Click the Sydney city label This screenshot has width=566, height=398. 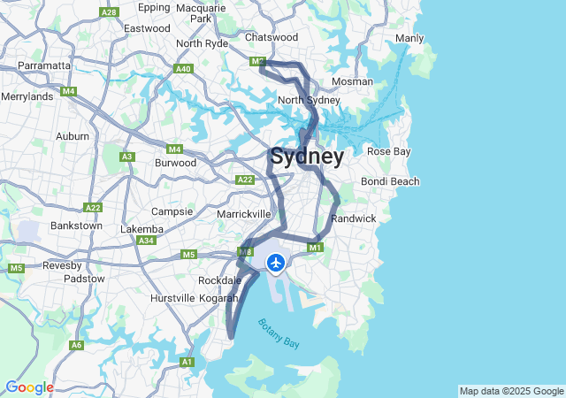coord(307,157)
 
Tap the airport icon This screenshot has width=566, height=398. coord(276,263)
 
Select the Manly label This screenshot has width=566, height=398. coord(409,38)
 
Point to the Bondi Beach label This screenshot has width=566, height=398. coord(390,181)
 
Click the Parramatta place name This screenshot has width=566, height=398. coord(44,65)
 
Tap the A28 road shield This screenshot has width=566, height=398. coord(110,12)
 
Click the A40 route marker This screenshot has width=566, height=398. coord(184,68)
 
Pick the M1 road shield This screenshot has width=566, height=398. coord(315,248)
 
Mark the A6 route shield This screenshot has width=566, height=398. coord(77,345)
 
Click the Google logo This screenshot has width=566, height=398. coord(29,387)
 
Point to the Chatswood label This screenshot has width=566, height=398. coord(272,37)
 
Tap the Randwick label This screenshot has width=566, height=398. coord(354,218)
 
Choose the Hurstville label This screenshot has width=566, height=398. coord(172,298)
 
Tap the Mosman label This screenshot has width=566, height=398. coord(352,81)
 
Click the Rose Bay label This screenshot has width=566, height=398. coord(389,151)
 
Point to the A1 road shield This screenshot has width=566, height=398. coord(187,362)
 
